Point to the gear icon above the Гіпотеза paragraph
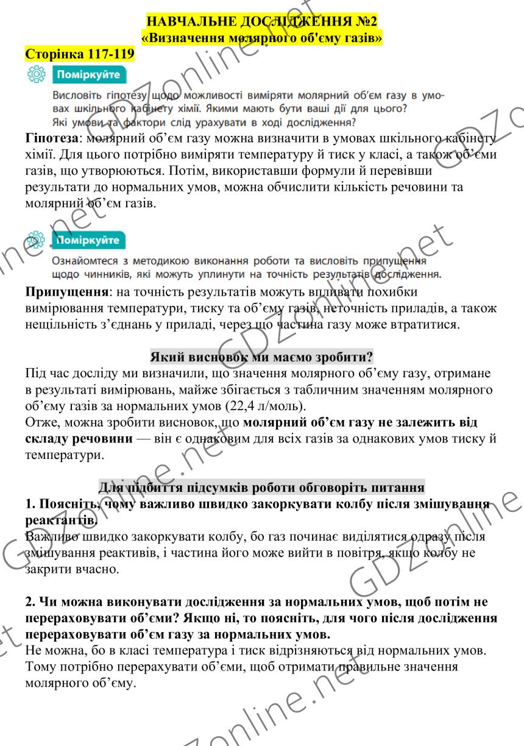tap(37, 76)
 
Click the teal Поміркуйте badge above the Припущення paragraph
tap(88, 240)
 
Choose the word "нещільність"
tap(57, 324)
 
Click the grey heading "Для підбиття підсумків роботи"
tap(261, 488)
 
